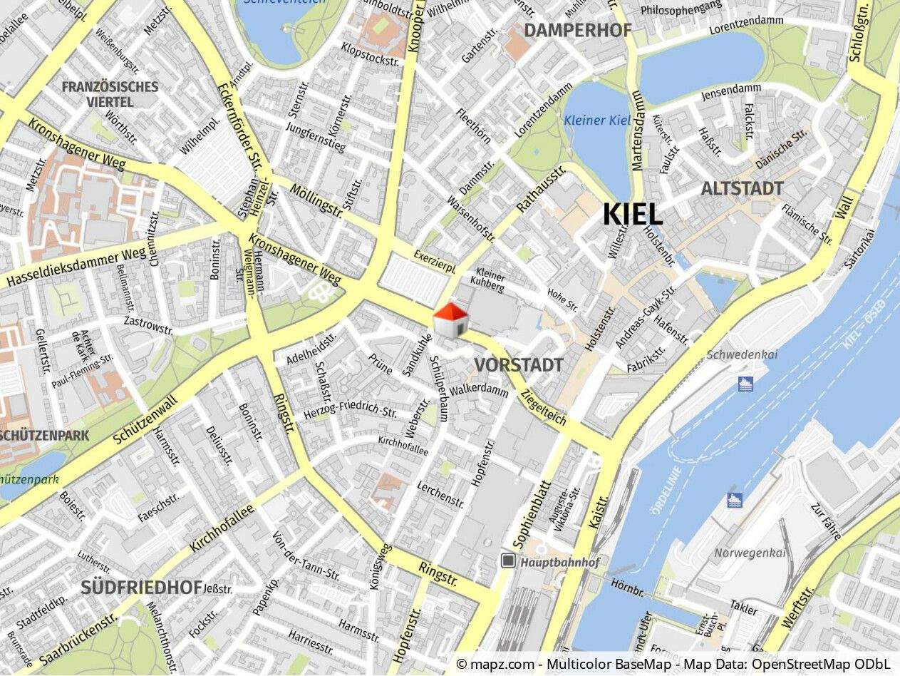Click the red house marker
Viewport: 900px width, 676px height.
(x=450, y=320)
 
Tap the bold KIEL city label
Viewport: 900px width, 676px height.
(x=633, y=214)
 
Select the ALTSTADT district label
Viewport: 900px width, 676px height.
(x=742, y=189)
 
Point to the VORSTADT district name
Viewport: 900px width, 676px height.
(x=518, y=365)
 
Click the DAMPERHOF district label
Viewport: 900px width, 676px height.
(x=578, y=30)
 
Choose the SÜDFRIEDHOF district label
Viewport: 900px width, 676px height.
(x=141, y=588)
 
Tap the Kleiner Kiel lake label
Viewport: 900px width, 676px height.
(x=597, y=120)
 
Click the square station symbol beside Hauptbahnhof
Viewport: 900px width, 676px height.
(x=508, y=561)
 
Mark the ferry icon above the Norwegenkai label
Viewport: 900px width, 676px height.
(x=735, y=499)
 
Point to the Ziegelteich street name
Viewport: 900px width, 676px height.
(x=544, y=409)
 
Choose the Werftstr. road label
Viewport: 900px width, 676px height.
(x=798, y=608)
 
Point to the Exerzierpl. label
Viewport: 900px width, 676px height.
(x=435, y=261)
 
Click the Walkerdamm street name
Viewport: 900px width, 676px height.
(x=479, y=390)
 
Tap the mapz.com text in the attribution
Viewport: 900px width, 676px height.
(x=499, y=665)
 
